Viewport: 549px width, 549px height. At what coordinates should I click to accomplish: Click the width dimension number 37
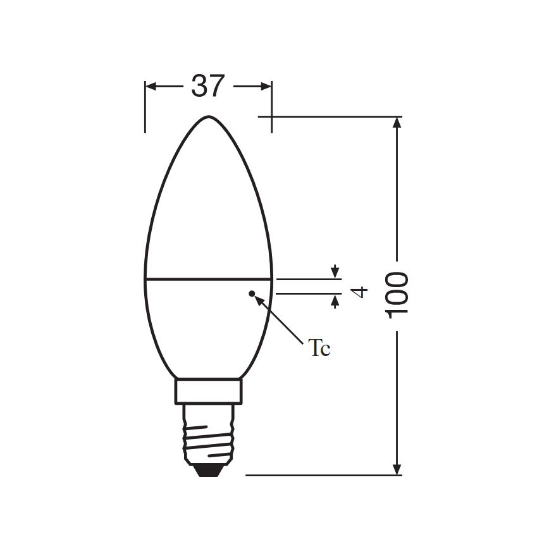[x=208, y=86]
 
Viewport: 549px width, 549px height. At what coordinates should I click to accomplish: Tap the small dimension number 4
[x=359, y=292]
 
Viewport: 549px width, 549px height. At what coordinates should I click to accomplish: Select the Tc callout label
[x=319, y=349]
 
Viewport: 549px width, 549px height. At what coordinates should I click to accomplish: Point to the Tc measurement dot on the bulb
[x=252, y=293]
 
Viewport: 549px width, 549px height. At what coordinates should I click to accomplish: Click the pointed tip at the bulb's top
[x=209, y=117]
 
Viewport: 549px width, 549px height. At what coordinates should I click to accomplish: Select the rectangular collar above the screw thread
[x=209, y=391]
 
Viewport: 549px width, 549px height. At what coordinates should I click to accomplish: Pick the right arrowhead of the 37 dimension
[x=266, y=86]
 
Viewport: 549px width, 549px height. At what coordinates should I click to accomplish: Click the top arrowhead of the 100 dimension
[x=397, y=123]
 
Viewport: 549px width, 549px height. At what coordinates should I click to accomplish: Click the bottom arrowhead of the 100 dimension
[x=397, y=469]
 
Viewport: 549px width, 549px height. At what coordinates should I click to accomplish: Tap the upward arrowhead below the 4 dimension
[x=335, y=300]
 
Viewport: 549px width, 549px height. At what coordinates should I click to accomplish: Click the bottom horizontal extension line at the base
[x=316, y=475]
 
